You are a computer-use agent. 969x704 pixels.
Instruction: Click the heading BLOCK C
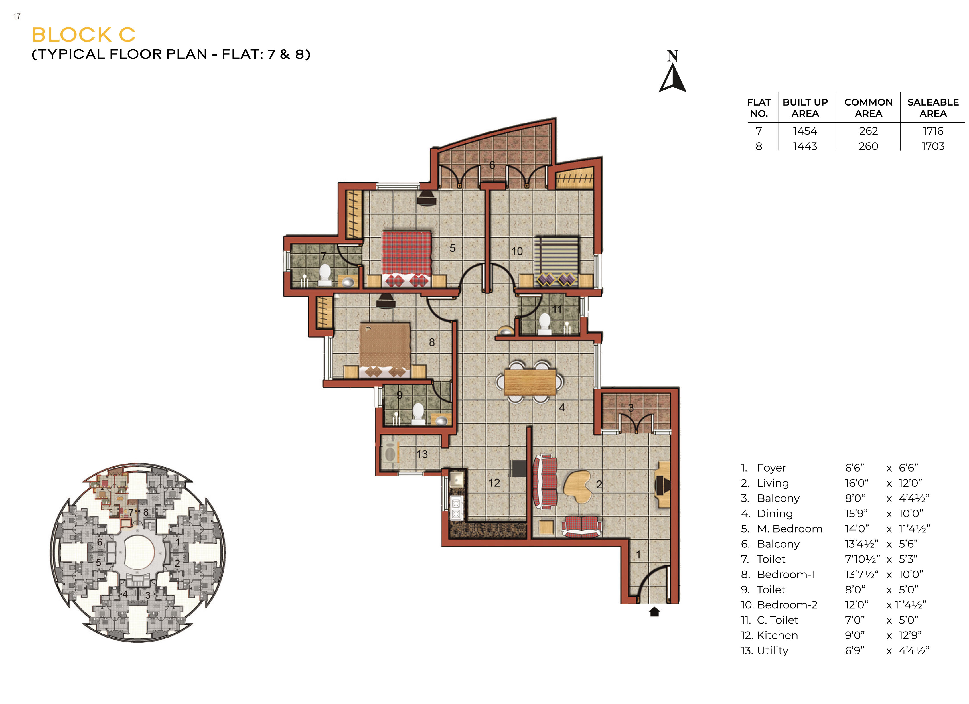84,35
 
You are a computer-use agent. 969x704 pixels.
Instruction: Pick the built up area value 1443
805,146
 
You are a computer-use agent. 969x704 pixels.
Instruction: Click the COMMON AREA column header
868,108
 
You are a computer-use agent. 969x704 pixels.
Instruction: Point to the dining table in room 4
530,382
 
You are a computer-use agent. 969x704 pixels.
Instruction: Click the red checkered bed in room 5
406,259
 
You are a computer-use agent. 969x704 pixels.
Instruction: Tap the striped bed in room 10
556,261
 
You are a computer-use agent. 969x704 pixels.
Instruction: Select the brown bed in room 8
385,350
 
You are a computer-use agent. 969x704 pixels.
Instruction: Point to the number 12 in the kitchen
494,483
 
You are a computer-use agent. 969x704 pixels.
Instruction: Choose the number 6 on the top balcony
492,165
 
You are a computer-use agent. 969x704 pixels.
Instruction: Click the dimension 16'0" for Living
856,483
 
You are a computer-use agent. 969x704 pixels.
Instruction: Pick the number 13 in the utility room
422,454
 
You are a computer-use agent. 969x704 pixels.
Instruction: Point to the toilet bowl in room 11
544,324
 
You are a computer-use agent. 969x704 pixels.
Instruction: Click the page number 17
17,16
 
